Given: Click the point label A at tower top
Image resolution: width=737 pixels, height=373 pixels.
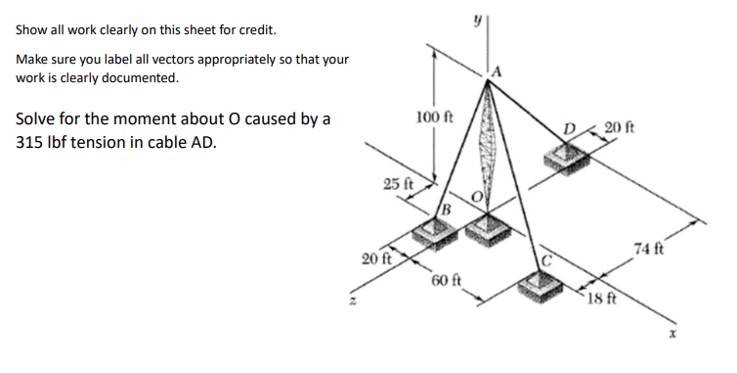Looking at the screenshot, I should click(x=498, y=70).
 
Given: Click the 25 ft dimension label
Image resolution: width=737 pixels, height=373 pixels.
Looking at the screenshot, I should click(x=398, y=184).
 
